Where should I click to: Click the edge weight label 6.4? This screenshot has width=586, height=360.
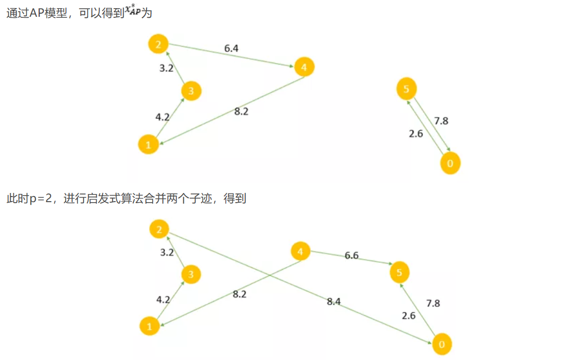point(231,49)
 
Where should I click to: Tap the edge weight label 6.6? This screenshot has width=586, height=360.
point(351,256)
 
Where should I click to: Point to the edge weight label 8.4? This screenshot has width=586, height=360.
point(333,301)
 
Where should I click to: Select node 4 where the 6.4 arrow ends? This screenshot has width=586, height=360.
point(304,67)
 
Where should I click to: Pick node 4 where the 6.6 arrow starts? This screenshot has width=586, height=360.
point(300,252)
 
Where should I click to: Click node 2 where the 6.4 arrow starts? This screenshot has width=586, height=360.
point(158,44)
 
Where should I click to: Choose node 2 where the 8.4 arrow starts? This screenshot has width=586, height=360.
point(159,230)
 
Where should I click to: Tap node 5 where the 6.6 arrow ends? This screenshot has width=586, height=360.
point(400,273)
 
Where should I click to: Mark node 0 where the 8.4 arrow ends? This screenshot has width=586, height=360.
point(441,345)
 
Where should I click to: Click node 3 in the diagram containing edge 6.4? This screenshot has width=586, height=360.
point(191,91)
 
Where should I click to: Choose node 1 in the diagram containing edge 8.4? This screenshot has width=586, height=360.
point(150,326)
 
